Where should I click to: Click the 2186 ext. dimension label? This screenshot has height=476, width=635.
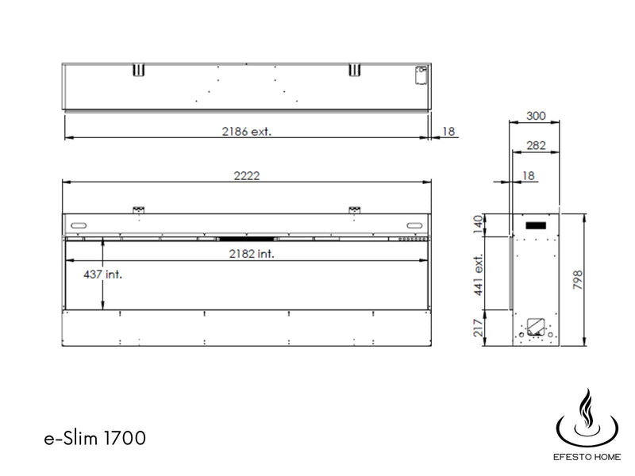(x=246, y=132)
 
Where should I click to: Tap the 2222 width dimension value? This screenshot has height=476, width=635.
(x=247, y=175)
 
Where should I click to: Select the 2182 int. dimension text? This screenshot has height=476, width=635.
(x=252, y=254)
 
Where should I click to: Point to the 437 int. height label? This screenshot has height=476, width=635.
(x=102, y=274)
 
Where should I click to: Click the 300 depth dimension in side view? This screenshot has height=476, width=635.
(x=536, y=116)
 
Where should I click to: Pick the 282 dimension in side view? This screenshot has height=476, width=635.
(x=537, y=145)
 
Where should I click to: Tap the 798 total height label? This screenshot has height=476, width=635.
(x=578, y=280)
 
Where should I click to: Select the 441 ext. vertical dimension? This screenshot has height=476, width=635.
(x=479, y=274)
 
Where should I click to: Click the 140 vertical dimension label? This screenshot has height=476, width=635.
(x=479, y=225)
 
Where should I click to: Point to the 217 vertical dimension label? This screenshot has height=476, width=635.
(x=479, y=328)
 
